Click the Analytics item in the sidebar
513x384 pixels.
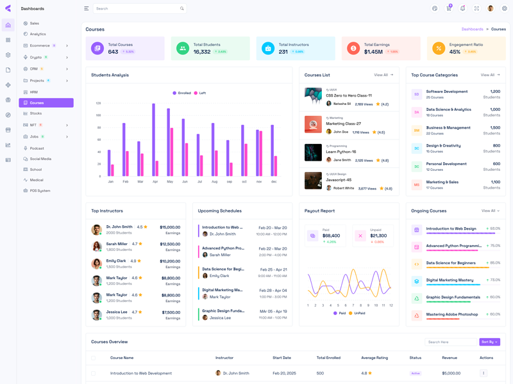(x=37, y=34)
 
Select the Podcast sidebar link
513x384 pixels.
(x=37, y=148)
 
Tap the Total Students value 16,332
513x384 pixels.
(x=202, y=52)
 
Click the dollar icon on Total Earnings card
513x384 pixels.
(x=353, y=48)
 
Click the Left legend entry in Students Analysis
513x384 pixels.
(x=200, y=93)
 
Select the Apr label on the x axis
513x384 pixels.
(x=155, y=182)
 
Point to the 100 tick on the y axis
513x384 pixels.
(x=98, y=115)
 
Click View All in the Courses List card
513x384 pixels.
(x=383, y=75)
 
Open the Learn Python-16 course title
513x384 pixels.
(x=341, y=152)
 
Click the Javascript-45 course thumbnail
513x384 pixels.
(x=313, y=180)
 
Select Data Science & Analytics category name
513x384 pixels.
(x=448, y=109)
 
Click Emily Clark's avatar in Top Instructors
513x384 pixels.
(x=96, y=264)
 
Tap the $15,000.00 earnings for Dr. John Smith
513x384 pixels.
(x=170, y=227)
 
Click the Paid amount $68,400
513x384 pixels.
(x=332, y=236)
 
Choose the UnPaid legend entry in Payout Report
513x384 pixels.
(x=357, y=313)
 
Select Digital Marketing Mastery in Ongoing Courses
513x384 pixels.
(x=450, y=280)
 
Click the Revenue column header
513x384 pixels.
(x=450, y=358)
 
